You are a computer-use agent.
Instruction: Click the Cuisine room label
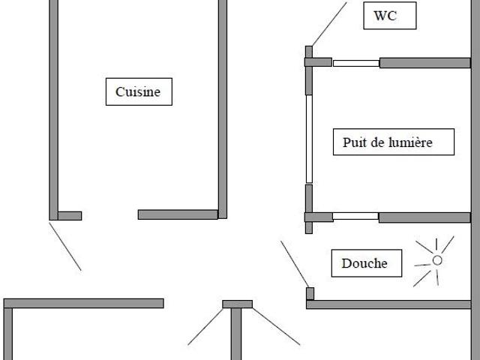tap(139, 91)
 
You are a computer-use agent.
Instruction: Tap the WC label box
tap(390, 16)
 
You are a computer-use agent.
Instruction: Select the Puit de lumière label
tap(394, 142)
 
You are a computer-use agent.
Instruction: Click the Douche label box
tap(367, 263)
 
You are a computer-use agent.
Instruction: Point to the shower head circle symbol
tap(437, 260)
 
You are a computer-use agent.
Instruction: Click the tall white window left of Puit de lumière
tap(309, 139)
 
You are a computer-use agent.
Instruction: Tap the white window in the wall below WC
tap(356, 63)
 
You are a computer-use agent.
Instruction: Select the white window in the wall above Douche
tap(355, 216)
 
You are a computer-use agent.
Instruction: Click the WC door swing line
tap(329, 24)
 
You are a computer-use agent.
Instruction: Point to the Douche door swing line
tap(295, 264)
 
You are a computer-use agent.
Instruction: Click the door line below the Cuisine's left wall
tap(65, 247)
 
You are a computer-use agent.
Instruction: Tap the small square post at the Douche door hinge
tap(310, 293)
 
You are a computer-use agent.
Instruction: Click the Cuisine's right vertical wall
tap(223, 109)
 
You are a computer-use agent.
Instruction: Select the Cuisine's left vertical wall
tap(53, 110)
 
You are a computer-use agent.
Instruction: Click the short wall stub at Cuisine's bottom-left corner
tap(70, 216)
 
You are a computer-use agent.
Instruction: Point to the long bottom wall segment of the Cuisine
tap(178, 214)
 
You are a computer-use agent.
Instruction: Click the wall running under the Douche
tap(388, 304)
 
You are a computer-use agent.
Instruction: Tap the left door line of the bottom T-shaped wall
tap(205, 327)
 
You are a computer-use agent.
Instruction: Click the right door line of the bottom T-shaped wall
tap(276, 327)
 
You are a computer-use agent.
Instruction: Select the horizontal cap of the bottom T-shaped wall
tap(238, 304)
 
